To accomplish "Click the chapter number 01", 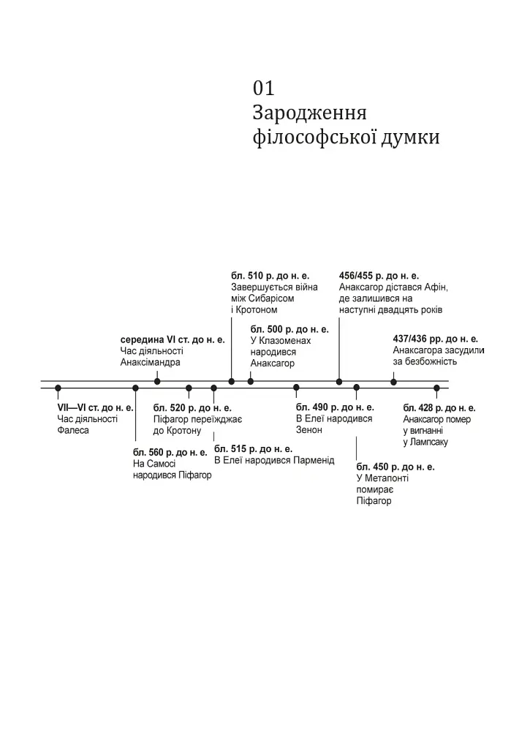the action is tap(264, 88).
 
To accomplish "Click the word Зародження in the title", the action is tap(309, 113).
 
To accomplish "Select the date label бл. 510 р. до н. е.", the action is tap(270, 276).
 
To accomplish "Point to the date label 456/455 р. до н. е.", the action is tap(379, 276).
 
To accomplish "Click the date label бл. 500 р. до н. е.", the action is tap(289, 329).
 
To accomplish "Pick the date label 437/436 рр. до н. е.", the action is tap(436, 339).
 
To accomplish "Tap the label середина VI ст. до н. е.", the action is tap(173, 339).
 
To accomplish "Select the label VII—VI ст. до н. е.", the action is tap(96, 407).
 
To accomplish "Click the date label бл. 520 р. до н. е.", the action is tap(192, 408).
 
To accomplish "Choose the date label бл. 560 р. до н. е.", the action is tap(170, 452).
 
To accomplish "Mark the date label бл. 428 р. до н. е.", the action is tap(439, 408).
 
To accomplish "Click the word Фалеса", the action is tap(73, 430).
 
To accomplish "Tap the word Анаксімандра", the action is tap(151, 362).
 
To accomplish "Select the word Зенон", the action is tap(309, 430).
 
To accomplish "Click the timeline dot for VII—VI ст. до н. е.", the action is tap(58, 388).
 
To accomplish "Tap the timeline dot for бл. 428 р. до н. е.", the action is tap(436, 388).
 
